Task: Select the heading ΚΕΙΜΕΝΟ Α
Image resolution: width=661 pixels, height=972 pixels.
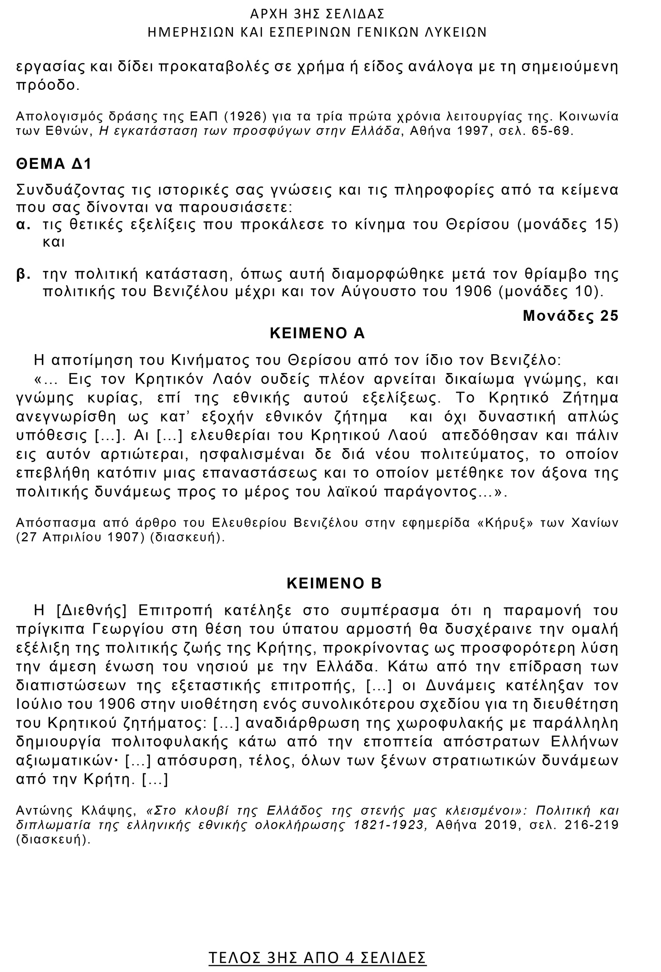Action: point(317,333)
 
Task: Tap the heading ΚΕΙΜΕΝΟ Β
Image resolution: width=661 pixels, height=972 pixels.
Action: point(334,584)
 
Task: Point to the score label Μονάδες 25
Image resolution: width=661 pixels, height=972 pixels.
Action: point(570,316)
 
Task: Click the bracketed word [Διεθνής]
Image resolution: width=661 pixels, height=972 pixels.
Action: point(91,610)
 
